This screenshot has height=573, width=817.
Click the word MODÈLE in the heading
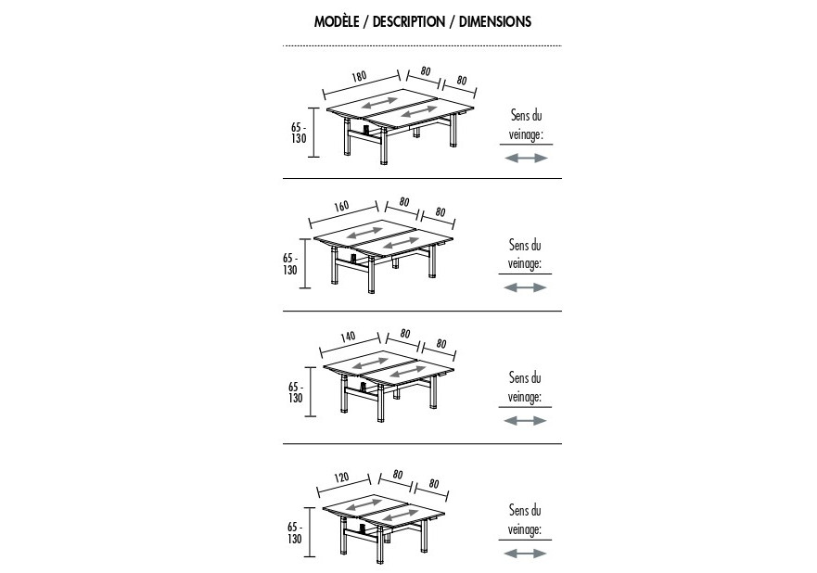click(x=337, y=21)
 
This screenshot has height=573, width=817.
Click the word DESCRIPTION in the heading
click(x=409, y=21)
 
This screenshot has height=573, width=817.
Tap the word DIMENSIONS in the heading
click(x=495, y=21)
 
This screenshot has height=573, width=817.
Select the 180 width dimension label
click(x=359, y=77)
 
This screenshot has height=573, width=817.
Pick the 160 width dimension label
click(x=341, y=206)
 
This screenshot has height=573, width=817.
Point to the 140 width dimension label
click(x=348, y=337)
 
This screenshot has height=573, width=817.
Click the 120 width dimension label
click(x=341, y=477)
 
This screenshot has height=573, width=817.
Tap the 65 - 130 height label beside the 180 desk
click(x=299, y=133)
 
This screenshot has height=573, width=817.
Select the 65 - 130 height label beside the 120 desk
click(x=295, y=533)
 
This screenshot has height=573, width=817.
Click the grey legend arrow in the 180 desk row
click(x=526, y=158)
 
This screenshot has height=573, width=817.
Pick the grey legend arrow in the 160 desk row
click(x=525, y=287)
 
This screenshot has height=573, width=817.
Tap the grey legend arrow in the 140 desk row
click(x=525, y=420)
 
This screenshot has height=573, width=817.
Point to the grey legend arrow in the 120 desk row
click(x=525, y=554)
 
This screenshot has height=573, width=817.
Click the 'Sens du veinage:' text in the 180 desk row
click(x=526, y=125)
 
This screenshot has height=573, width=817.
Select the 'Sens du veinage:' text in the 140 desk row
click(x=525, y=387)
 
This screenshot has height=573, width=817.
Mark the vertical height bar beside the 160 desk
click(x=305, y=263)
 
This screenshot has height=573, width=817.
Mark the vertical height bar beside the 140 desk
click(x=311, y=391)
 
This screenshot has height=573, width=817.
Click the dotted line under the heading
click(x=422, y=45)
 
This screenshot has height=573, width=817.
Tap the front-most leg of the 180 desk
click(x=384, y=146)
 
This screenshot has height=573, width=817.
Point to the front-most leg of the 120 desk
click(x=380, y=544)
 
